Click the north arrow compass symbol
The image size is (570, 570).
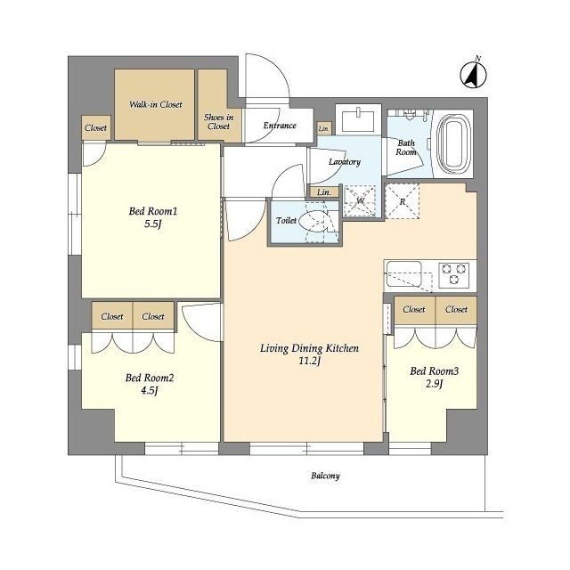coord(473,75)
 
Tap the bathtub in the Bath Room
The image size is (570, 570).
coord(454,146)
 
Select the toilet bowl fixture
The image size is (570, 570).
coord(315,222)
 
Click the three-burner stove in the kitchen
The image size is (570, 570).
coord(454,273)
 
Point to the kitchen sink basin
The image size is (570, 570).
coord(403,273)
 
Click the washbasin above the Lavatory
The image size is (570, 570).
coord(358,120)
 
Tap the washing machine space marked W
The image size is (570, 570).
coord(360,200)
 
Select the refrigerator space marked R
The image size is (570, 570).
coord(402,201)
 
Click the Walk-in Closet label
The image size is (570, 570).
coord(156,105)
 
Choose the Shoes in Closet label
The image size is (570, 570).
coord(218,122)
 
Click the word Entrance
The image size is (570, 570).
coord(280,126)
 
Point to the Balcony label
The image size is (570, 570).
coord(325,476)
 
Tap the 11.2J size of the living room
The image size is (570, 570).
coord(309,362)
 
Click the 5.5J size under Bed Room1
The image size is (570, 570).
coord(152,224)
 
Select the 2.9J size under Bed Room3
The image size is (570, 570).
coord(434,384)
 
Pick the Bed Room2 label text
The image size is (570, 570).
coord(150,378)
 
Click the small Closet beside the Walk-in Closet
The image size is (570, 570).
coord(96,127)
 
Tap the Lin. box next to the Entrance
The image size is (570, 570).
coord(324,128)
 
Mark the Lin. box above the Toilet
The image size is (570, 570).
coord(324,192)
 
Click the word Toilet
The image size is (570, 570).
coord(286,220)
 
